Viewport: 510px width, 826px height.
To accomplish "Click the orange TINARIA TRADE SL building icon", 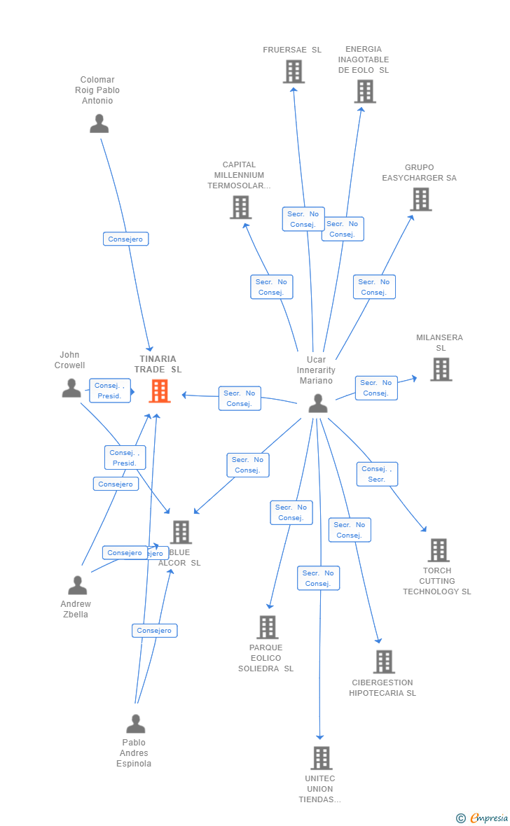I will point(160,391).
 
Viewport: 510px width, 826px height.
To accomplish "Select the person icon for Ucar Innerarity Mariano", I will point(318,403).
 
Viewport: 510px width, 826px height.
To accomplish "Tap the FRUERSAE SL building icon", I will point(294,71).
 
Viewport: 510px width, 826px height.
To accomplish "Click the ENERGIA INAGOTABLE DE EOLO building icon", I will point(364,91).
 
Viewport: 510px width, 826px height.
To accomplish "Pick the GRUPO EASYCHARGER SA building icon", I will point(420,199).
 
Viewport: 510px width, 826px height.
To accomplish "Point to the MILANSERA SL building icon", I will point(441,369).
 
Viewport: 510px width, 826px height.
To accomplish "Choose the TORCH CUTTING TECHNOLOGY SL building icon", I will point(439,550).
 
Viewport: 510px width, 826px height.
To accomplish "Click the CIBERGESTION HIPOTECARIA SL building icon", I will point(384,661).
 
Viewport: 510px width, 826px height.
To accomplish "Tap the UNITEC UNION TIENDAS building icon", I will point(321,757).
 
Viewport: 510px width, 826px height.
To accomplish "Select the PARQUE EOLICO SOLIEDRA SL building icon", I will point(267,627).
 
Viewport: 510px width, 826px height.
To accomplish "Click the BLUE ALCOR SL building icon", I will point(181,532).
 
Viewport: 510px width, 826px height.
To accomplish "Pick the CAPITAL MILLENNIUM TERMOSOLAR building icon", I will point(240,207).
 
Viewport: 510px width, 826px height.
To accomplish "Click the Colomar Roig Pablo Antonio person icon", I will point(99,123).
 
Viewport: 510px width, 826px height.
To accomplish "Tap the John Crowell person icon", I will point(71,387).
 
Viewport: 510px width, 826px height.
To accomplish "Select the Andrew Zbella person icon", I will point(77,584).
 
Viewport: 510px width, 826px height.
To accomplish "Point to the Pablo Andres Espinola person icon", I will point(135,723).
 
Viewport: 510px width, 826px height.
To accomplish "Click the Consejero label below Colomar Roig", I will point(125,239).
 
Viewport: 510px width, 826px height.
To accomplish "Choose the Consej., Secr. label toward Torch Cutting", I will point(377,474).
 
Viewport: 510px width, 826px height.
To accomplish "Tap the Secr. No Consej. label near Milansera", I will point(375,388).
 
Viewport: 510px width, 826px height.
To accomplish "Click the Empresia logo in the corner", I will point(483,818).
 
